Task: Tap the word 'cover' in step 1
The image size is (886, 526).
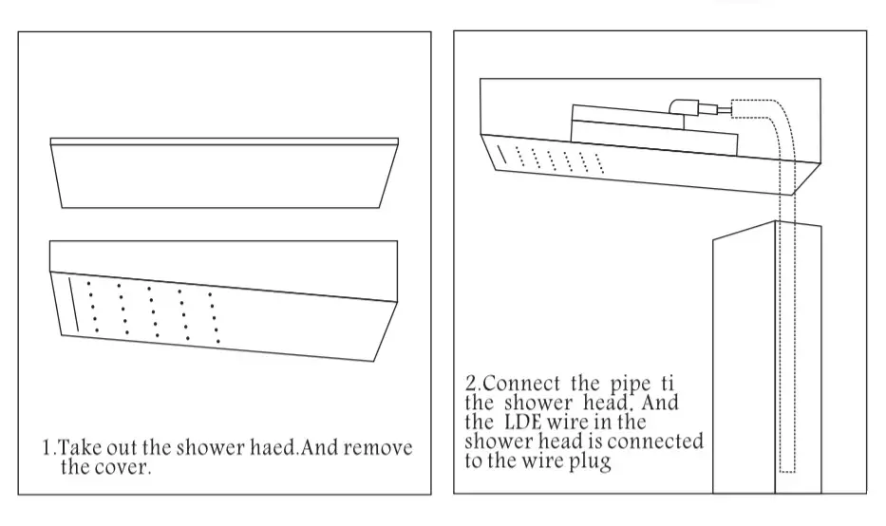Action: pos(123,468)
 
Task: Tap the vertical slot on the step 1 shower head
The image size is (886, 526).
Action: pos(73,304)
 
